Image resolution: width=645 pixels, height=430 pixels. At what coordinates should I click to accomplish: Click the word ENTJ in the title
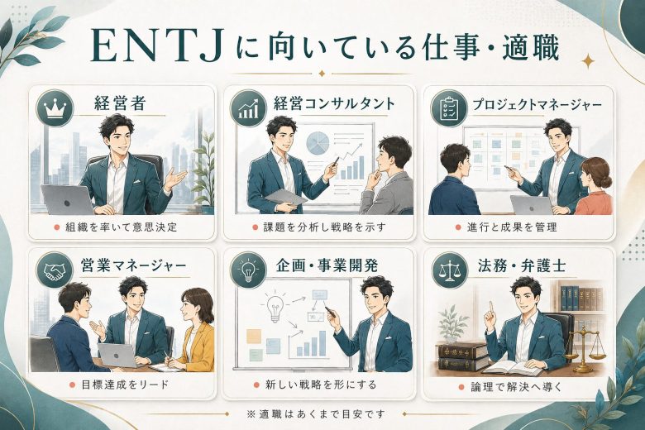155,46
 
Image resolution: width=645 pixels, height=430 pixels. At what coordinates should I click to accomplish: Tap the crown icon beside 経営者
55,108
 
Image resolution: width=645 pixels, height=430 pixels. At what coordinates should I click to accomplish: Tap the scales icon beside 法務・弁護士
450,270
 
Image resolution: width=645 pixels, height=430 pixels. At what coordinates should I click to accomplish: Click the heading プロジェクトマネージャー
537,105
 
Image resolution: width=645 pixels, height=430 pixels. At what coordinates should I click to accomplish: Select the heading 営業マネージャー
133,265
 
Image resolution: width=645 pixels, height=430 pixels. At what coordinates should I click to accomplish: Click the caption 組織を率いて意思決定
121,227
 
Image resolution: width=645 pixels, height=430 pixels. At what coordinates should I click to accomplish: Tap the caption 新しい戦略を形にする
321,385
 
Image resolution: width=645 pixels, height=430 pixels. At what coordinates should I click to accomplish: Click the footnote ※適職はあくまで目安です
316,413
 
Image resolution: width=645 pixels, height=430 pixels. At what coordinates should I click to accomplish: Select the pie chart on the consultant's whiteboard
318,143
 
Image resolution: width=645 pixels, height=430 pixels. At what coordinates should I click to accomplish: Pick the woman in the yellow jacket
194,329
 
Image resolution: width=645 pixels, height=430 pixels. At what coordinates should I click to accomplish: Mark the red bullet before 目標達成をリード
72,385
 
